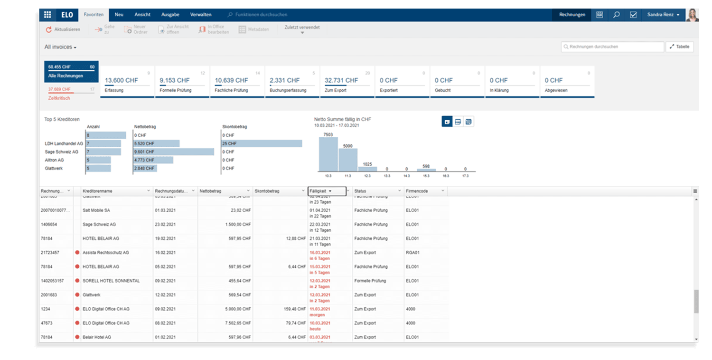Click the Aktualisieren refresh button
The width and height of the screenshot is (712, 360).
coord(63,29)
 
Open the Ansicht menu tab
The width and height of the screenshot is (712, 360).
coord(142,15)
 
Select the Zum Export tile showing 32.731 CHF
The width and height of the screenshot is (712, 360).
coord(347,82)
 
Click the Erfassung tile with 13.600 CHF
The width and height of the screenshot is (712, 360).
coord(127,82)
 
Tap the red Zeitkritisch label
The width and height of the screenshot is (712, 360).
coord(59,98)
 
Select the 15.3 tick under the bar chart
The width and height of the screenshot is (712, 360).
coord(426,176)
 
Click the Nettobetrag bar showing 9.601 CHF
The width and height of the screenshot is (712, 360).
coord(174,152)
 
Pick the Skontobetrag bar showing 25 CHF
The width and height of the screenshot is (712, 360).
coord(262,143)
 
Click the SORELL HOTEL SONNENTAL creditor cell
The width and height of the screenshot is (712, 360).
coord(111,281)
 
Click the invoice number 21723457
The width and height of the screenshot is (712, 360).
coord(50,253)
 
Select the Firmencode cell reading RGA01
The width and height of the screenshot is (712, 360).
coord(412,253)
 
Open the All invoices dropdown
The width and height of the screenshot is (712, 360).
coord(60,47)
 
